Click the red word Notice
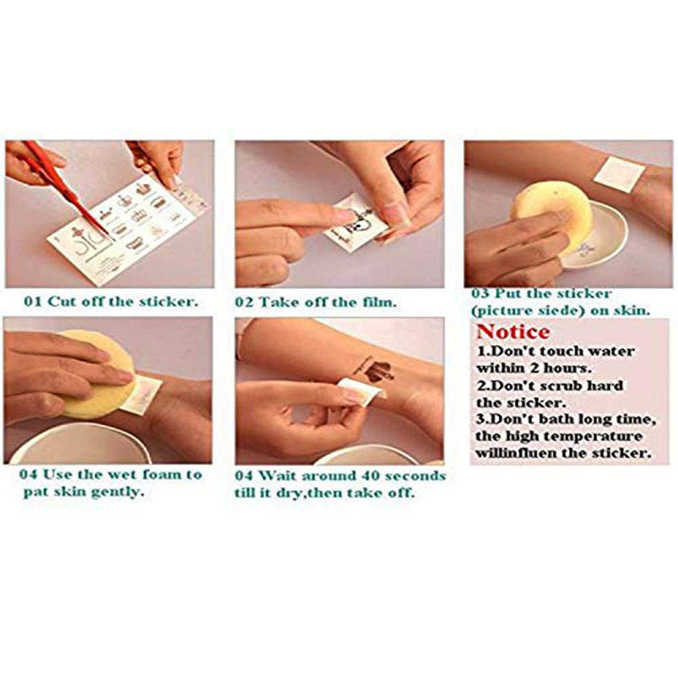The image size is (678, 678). tap(513, 332)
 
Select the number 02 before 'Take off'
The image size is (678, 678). tap(244, 302)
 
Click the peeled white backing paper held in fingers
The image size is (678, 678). tap(361, 392)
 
